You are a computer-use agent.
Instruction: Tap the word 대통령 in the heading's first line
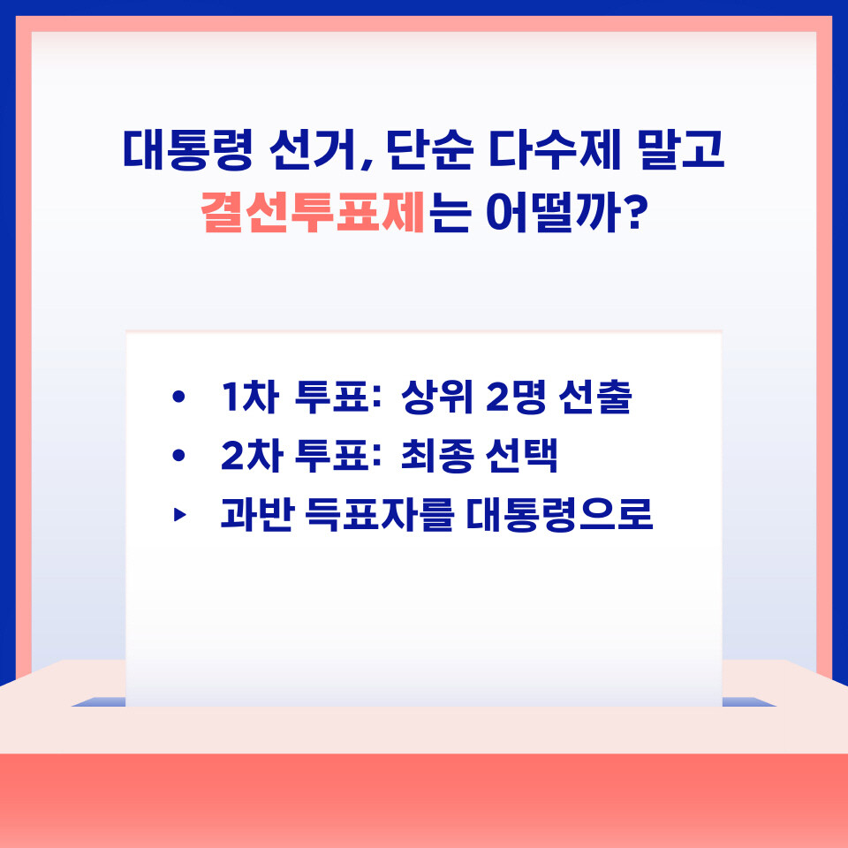(x=187, y=150)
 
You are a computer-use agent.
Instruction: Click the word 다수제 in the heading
(x=555, y=150)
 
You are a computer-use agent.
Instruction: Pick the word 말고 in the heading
(x=681, y=150)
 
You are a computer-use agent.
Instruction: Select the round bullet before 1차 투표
(x=178, y=397)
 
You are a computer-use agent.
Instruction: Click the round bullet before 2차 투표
(x=178, y=456)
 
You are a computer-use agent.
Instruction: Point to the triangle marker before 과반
(x=179, y=515)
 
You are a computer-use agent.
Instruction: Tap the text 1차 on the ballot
(x=250, y=397)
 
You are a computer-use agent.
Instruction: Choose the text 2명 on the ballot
(x=517, y=397)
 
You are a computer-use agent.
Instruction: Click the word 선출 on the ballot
(x=595, y=397)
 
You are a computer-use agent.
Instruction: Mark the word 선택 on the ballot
(x=522, y=456)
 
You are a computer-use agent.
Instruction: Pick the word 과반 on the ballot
(x=257, y=515)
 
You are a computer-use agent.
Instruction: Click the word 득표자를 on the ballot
(x=379, y=515)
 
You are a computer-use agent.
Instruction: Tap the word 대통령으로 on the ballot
(x=559, y=515)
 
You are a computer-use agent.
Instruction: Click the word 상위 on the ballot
(x=437, y=397)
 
